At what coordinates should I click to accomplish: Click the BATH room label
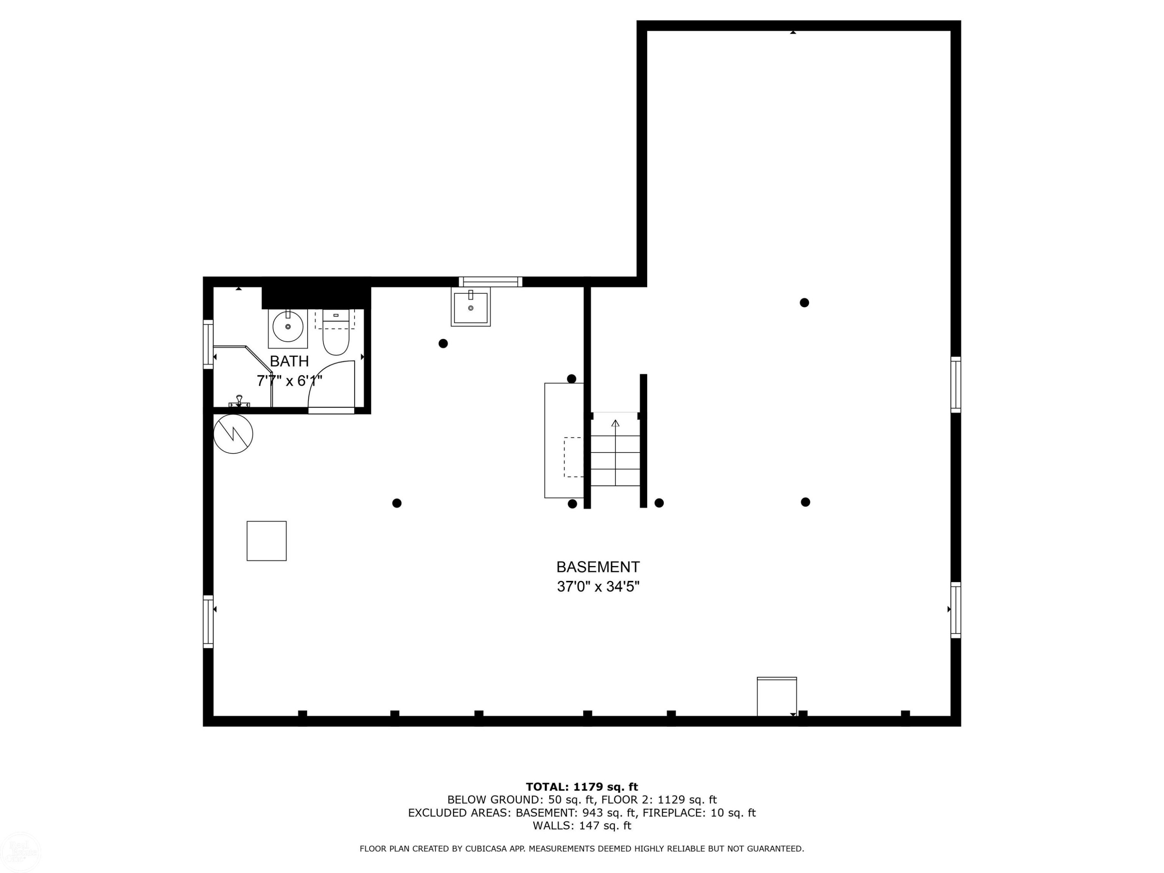(x=289, y=362)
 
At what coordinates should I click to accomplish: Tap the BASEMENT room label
(x=598, y=567)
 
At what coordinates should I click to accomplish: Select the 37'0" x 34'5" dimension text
(x=598, y=587)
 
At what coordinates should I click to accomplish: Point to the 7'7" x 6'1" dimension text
(x=289, y=381)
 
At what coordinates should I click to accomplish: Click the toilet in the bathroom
(x=336, y=333)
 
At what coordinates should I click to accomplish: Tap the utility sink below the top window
(x=470, y=307)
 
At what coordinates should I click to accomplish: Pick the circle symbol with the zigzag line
(x=233, y=434)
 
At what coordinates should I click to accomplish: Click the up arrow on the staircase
(x=615, y=452)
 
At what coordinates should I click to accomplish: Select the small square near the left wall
(x=267, y=541)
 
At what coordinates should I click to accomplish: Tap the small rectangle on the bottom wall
(x=777, y=697)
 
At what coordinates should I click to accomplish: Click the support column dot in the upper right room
(x=804, y=303)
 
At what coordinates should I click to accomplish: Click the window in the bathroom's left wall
(x=208, y=344)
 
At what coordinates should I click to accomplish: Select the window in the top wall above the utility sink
(x=490, y=282)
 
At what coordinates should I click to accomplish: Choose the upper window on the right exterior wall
(x=956, y=385)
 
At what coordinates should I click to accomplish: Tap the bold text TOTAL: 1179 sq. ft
(x=582, y=787)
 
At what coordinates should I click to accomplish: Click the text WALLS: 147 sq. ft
(x=582, y=826)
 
